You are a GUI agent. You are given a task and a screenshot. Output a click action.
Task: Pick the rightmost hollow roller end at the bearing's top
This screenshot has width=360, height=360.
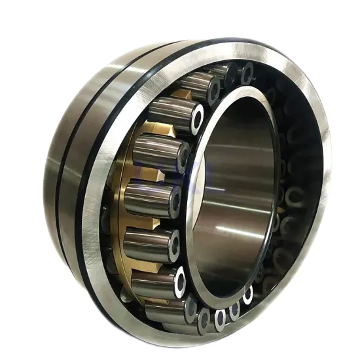pyautogui.click(x=247, y=73)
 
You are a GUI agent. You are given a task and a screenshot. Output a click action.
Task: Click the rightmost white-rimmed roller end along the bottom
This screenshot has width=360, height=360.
pyautogui.click(x=247, y=295)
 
